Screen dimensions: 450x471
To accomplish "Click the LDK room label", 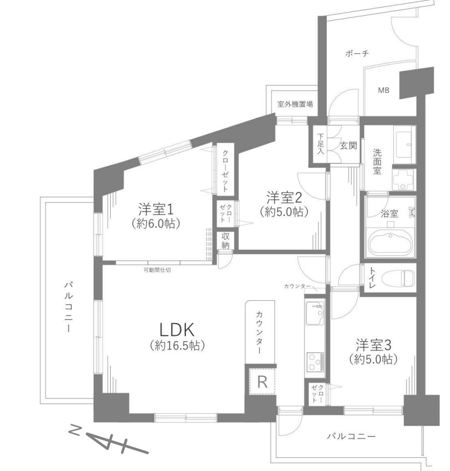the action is pyautogui.click(x=177, y=329).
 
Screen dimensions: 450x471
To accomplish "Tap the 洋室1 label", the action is pyautogui.click(x=156, y=209).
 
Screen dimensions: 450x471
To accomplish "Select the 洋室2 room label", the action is pyautogui.click(x=284, y=198).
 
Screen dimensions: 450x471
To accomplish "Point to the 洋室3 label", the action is pyautogui.click(x=373, y=345).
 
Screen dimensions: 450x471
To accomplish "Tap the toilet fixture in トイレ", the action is pyautogui.click(x=398, y=278).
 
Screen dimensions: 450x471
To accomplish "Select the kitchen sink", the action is pyautogui.click(x=315, y=313).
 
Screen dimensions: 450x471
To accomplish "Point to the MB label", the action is pyautogui.click(x=383, y=90).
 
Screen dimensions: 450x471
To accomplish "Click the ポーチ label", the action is pyautogui.click(x=357, y=54).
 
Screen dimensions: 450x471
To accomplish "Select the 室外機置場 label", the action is pyautogui.click(x=295, y=104).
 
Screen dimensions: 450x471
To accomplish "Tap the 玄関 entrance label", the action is pyautogui.click(x=349, y=146).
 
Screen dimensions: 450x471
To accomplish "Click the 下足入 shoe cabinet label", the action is pyautogui.click(x=321, y=144).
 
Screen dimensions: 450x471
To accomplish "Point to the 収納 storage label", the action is pyautogui.click(x=225, y=240).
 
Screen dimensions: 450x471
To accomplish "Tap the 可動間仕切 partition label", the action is pyautogui.click(x=157, y=270).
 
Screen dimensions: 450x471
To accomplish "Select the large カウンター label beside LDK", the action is pyautogui.click(x=260, y=333).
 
